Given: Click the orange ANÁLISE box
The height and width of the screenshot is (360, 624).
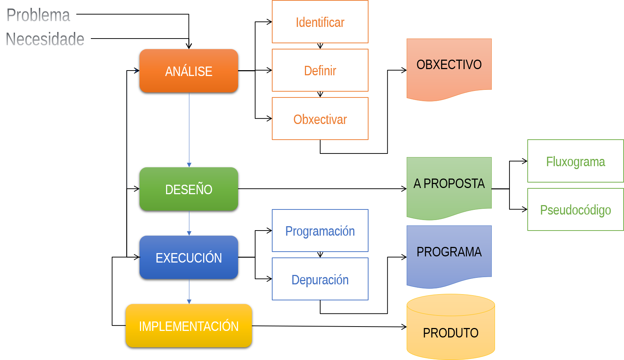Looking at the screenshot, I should coord(189,71).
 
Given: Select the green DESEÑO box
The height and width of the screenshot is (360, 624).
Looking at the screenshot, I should coord(189,189).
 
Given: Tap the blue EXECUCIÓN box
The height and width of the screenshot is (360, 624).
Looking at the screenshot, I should coord(189,257).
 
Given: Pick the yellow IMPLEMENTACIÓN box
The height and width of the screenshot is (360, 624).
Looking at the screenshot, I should coord(189,326).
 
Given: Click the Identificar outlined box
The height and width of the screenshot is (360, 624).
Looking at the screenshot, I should coord(320,22).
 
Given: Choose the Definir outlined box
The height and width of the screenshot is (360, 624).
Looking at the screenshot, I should coord(320,71).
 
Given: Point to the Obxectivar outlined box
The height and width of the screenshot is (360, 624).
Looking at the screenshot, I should coord(320,119).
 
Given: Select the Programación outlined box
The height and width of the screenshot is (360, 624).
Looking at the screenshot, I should coord(320,231).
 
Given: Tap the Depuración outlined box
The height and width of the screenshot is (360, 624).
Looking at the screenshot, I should coord(320,279).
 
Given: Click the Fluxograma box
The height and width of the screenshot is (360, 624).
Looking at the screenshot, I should coord(575,161).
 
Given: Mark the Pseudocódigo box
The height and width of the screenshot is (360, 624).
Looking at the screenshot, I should coord(575,210).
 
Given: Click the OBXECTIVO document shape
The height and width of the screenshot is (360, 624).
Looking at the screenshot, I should coord(449,65).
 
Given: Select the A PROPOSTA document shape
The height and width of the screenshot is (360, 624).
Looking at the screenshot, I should coord(449,184).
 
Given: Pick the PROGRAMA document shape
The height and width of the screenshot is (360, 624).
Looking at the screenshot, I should coord(449,252).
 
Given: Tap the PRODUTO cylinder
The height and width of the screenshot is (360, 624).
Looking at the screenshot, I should coord(451,331).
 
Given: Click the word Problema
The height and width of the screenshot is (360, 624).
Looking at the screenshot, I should coord(38,15).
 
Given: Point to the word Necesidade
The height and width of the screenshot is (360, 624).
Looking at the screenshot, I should coord(45,39).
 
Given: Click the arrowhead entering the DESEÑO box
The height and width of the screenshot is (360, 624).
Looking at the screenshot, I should coord(189,165).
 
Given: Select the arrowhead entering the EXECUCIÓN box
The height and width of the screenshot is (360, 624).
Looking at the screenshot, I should coord(189,233).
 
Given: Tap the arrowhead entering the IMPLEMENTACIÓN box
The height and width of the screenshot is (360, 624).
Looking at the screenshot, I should coord(189,301).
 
